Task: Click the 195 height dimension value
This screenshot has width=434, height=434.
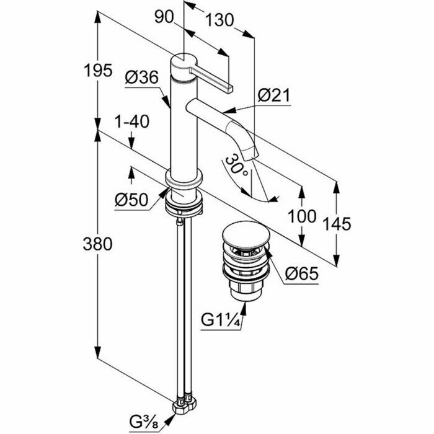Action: click(x=98, y=70)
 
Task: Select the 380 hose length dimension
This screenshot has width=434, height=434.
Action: click(x=98, y=244)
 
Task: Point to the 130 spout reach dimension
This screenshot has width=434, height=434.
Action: click(x=220, y=20)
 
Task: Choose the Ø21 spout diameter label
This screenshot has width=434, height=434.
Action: click(x=273, y=95)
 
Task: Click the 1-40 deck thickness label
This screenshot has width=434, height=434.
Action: click(x=133, y=122)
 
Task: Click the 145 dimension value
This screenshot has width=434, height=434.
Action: click(x=339, y=223)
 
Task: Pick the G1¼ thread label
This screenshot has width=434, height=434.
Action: click(x=221, y=321)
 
